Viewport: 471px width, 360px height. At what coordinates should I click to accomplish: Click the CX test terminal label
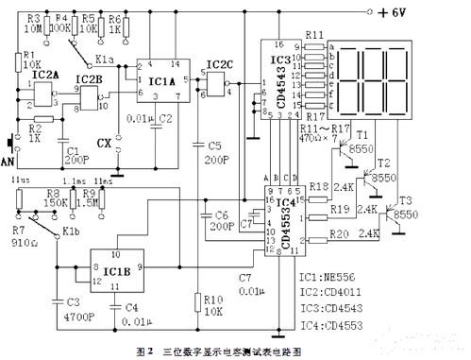105,145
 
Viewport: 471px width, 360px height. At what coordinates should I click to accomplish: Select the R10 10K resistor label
212,304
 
